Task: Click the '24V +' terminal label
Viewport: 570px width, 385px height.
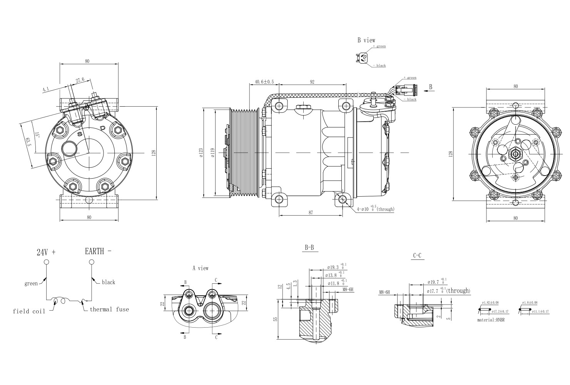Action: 46,253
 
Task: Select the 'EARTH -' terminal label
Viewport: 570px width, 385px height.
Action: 98,251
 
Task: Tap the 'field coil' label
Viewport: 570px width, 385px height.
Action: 29,311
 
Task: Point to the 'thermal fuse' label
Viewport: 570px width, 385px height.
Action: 109,309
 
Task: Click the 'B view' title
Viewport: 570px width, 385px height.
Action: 366,40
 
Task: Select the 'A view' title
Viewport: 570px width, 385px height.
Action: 200,268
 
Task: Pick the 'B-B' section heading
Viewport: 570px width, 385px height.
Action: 309,248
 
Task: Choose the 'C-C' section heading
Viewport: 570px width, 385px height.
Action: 417,255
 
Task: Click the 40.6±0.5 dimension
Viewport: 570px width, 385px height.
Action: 264,82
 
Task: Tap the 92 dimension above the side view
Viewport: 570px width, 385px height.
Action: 312,82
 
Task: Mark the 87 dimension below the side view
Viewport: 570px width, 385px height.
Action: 310,212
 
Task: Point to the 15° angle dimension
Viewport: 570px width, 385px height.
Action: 37,135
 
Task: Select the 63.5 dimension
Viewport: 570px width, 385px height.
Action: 28,142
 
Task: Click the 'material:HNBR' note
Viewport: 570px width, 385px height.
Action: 491,320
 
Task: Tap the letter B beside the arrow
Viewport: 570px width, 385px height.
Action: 430,87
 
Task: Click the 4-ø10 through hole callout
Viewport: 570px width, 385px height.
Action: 375,209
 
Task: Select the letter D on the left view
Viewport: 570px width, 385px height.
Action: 102,128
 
